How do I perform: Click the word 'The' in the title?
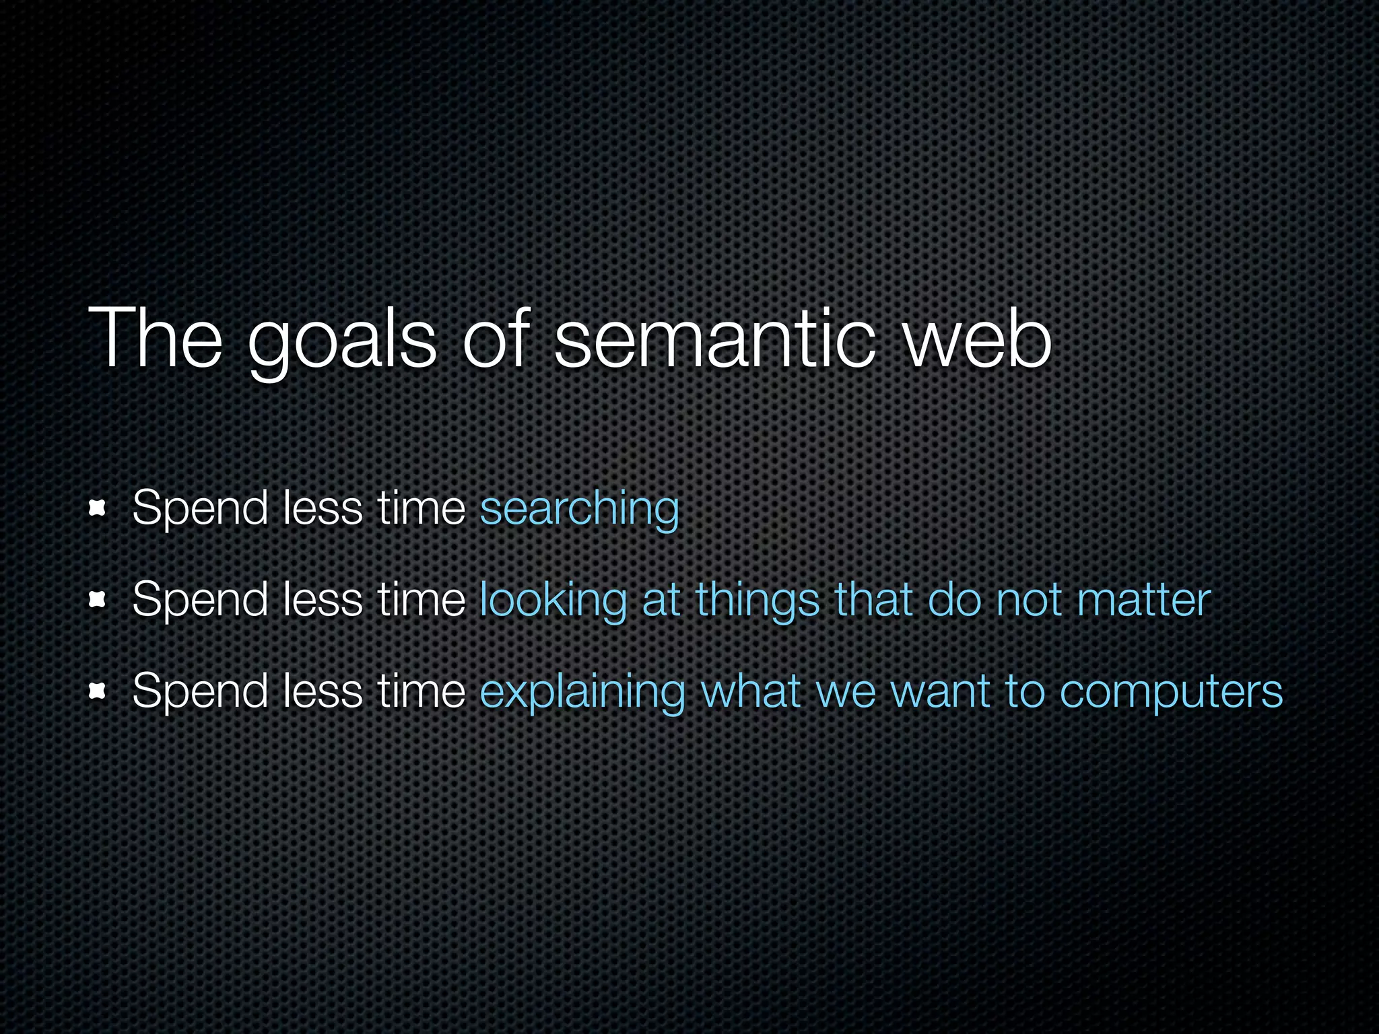pyautogui.click(x=155, y=339)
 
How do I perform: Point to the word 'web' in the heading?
pyautogui.click(x=976, y=339)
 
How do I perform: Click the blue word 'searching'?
pyautogui.click(x=579, y=509)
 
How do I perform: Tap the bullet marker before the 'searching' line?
pyautogui.click(x=98, y=509)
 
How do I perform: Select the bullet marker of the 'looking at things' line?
pyautogui.click(x=98, y=600)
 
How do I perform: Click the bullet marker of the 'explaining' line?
pyautogui.click(x=98, y=691)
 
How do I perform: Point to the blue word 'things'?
pyautogui.click(x=758, y=600)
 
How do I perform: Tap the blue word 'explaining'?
pyautogui.click(x=582, y=692)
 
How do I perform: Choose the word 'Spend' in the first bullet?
pyautogui.click(x=200, y=509)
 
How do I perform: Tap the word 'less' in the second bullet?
pyautogui.click(x=323, y=600)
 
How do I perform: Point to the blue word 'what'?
pyautogui.click(x=750, y=692)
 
